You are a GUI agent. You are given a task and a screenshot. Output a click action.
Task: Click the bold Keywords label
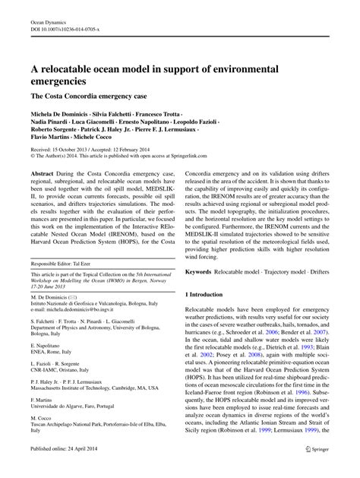(x=203, y=270)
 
